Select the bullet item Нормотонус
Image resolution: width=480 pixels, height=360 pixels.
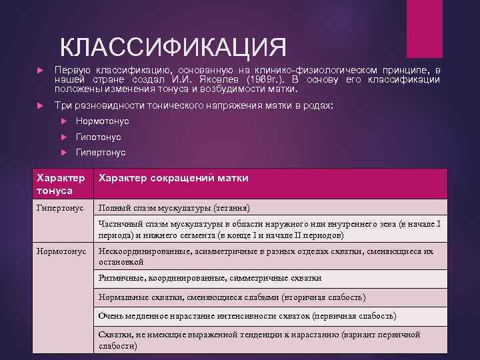pos(102,121)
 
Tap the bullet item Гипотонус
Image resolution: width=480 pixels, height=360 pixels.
pos(98,137)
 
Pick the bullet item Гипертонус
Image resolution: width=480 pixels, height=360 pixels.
pos(101,153)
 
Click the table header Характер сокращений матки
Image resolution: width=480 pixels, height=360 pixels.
pos(173,178)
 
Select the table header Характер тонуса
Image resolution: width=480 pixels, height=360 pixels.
pos(61,183)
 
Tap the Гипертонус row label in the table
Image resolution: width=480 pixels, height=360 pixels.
pos(61,207)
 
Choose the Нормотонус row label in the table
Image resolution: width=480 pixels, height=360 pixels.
pos(62,251)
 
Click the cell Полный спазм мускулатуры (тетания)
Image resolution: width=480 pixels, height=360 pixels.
pos(174,207)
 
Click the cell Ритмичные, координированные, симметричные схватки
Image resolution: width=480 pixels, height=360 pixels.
pos(210,278)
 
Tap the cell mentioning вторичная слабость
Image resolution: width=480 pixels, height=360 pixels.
pos(231,297)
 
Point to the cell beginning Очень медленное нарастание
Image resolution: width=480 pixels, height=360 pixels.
pos(247,315)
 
